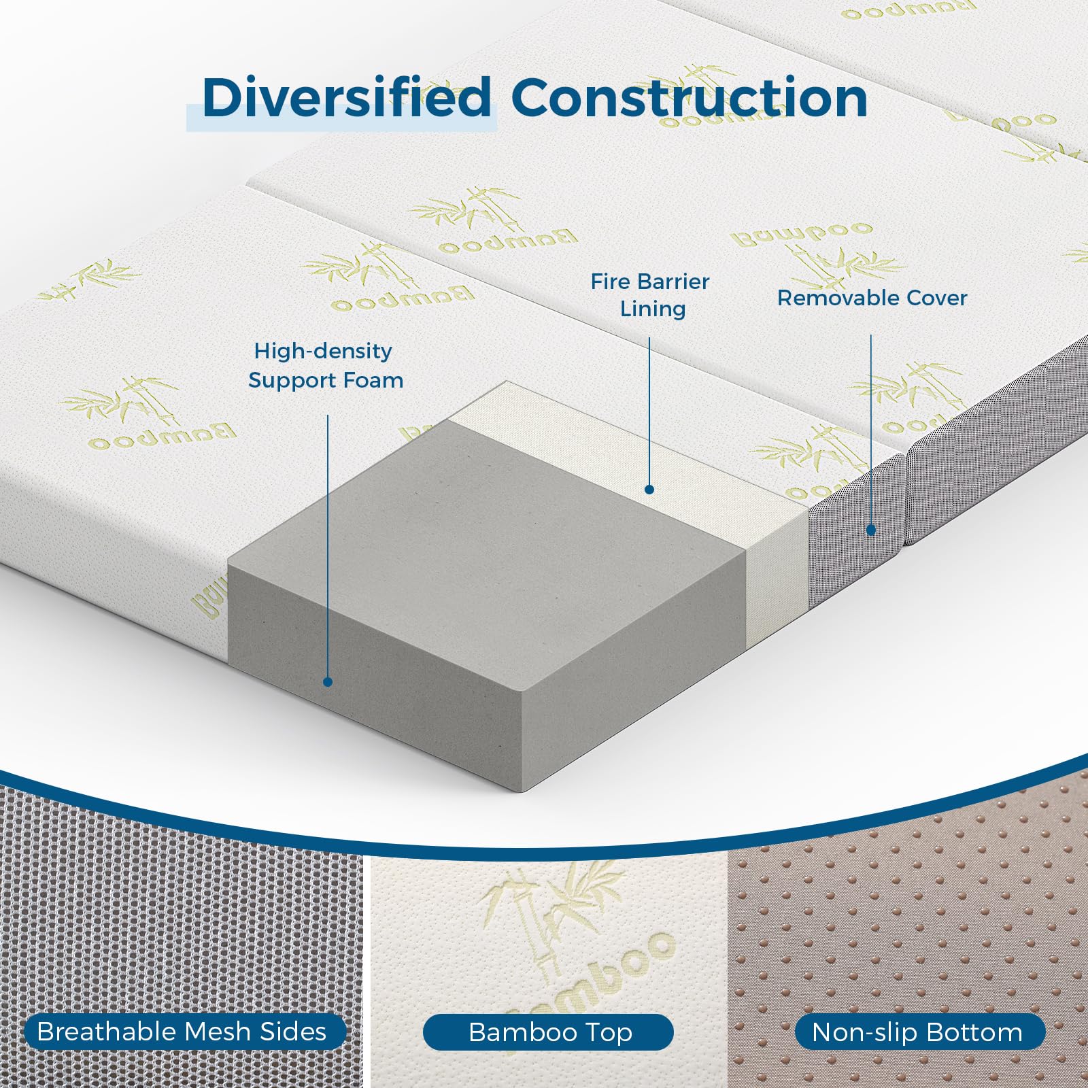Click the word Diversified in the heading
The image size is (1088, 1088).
[346, 98]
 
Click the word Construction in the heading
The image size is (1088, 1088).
[689, 98]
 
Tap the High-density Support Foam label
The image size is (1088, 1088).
[326, 365]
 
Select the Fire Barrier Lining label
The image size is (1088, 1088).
[650, 295]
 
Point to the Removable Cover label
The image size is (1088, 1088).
[872, 298]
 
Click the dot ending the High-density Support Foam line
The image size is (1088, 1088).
[327, 681]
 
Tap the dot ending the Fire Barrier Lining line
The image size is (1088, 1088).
[649, 489]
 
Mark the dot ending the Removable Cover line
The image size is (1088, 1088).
[871, 530]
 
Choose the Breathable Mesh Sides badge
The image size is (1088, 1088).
[182, 1032]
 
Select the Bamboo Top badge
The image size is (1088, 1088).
[549, 1032]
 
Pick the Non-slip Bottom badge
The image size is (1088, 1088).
[919, 1032]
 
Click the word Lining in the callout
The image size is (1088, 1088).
[652, 309]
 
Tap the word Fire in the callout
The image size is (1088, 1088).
[606, 282]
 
